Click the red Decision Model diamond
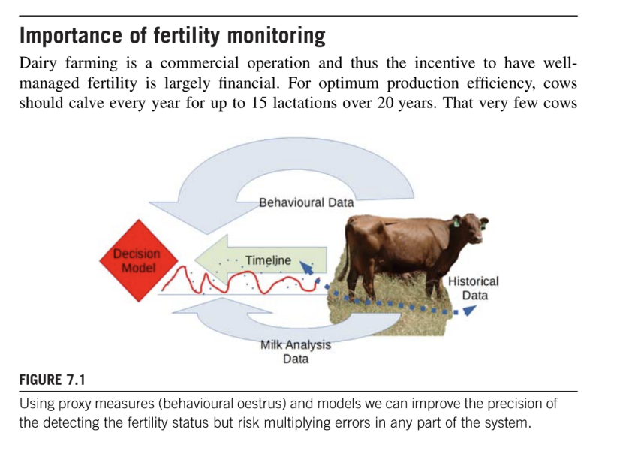(134, 260)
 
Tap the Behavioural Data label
(305, 202)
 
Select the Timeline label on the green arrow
(267, 260)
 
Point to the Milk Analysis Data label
(295, 352)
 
